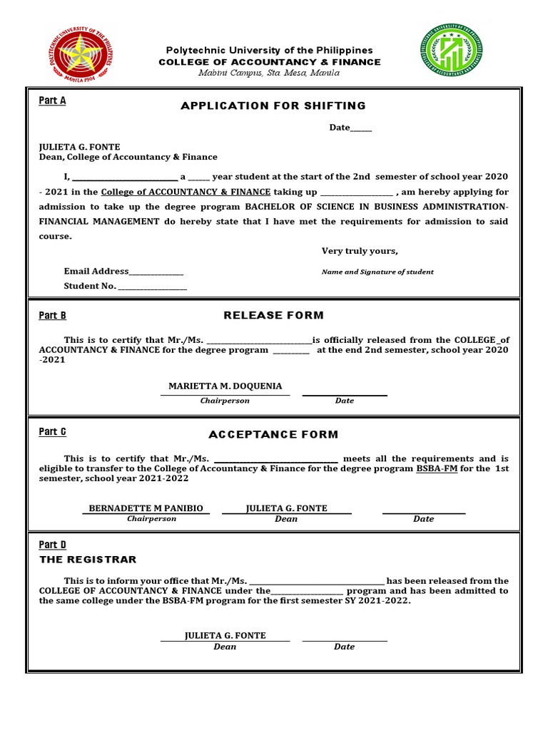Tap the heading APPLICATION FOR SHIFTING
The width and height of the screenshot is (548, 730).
click(273, 106)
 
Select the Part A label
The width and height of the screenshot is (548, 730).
click(52, 101)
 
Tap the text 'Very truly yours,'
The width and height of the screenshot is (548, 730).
click(360, 251)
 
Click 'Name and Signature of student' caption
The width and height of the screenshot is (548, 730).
click(377, 272)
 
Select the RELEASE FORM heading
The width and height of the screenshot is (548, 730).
click(273, 315)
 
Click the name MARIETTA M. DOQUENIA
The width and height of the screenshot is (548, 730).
click(225, 386)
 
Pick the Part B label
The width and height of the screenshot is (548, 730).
click(52, 315)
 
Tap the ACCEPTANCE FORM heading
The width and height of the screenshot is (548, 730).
click(273, 434)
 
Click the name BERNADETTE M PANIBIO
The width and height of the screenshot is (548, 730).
click(146, 508)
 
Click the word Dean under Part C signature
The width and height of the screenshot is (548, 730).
click(286, 519)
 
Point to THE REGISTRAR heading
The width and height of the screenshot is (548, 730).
click(87, 560)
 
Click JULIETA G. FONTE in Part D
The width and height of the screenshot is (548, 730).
click(225, 635)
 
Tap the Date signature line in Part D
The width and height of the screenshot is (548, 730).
click(345, 639)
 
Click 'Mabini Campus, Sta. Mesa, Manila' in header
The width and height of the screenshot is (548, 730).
click(269, 73)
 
